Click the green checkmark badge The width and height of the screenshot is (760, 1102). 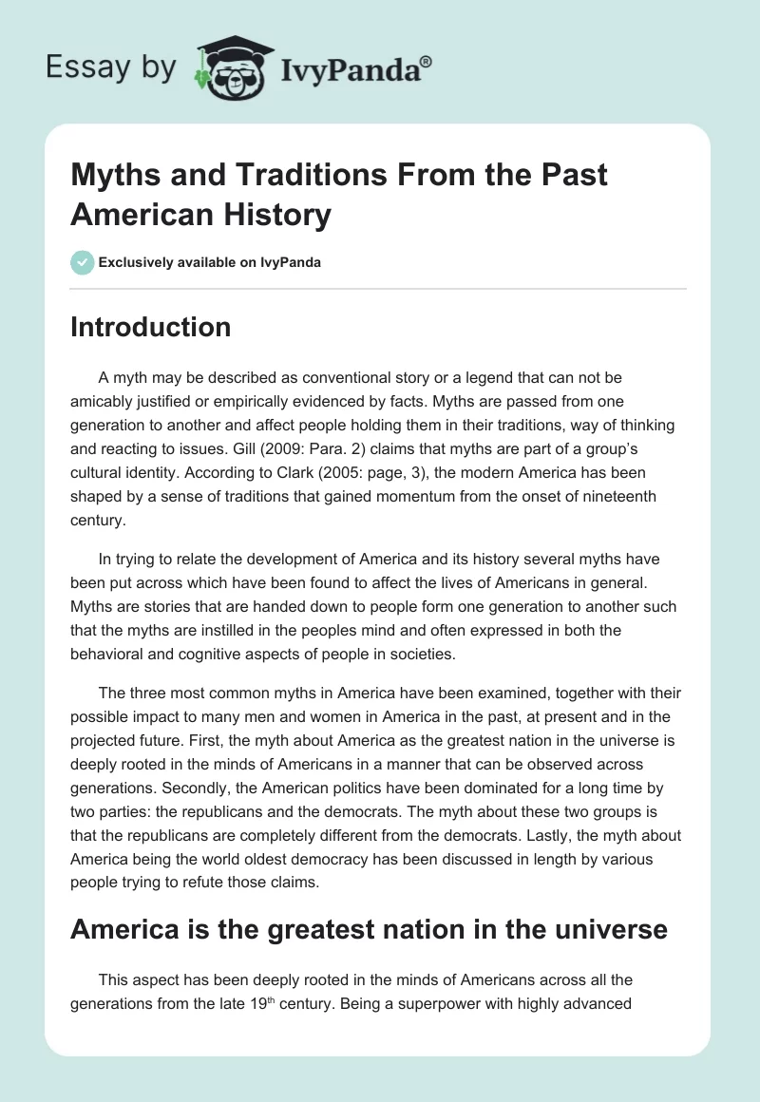pyautogui.click(x=82, y=262)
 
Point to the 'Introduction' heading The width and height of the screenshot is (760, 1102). pyautogui.click(x=150, y=327)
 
